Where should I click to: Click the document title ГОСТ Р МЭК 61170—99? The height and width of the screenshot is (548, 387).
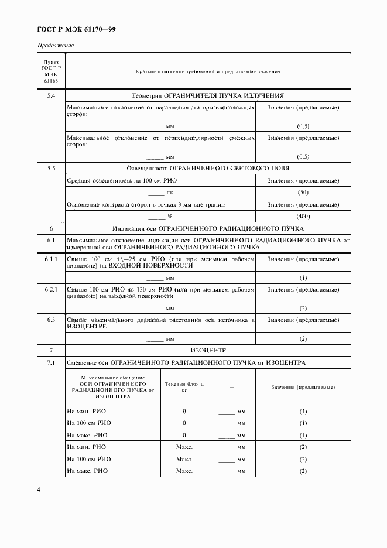click(x=76, y=28)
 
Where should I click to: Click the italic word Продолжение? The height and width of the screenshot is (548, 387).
click(x=56, y=46)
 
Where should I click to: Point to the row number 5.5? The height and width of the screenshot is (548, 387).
click(x=51, y=168)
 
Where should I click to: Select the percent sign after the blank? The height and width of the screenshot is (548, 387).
click(x=170, y=217)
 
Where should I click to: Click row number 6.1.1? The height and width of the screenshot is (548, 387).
click(x=51, y=259)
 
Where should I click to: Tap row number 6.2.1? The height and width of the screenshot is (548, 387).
click(x=51, y=289)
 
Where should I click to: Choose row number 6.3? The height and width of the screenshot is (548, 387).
click(x=51, y=320)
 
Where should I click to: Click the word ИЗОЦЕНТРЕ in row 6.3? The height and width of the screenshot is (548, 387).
click(x=85, y=327)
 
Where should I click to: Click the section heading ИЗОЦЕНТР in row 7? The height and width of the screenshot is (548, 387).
click(x=208, y=350)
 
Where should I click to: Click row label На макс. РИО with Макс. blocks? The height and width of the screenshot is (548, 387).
click(x=87, y=471)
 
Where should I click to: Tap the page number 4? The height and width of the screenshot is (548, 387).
click(x=39, y=489)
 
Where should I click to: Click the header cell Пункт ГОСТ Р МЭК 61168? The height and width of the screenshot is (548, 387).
click(x=51, y=72)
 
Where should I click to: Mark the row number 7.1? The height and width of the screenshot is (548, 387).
click(x=51, y=362)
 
